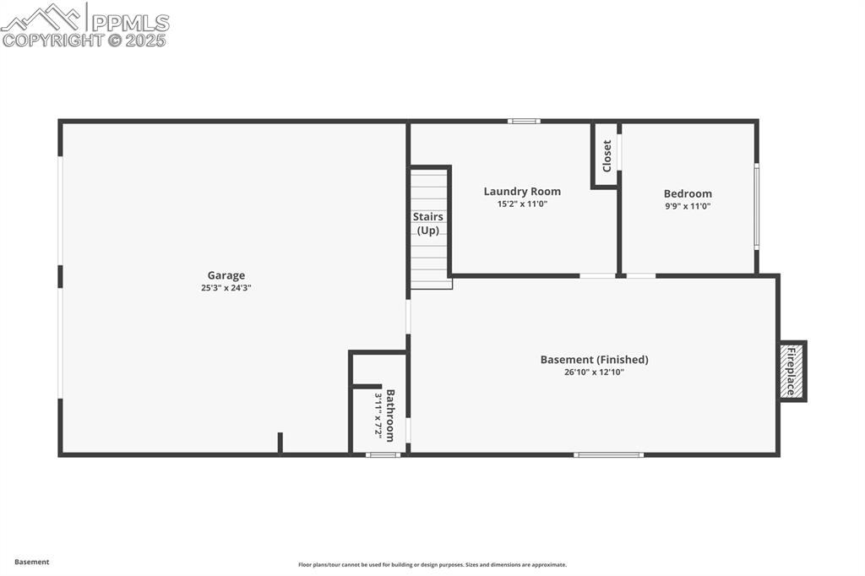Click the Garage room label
tap(226, 275)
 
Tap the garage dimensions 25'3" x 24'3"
tap(226, 288)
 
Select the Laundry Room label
tap(522, 192)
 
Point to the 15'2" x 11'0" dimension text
tap(522, 204)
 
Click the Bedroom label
tap(688, 193)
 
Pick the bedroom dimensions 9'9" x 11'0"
tap(688, 205)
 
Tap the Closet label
tap(607, 156)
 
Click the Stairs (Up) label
tap(428, 223)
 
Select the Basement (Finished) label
tap(595, 360)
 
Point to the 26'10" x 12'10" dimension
tap(595, 372)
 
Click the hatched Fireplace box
tap(792, 371)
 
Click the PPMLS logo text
tap(128, 22)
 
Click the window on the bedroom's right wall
tap(757, 207)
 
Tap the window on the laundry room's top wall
tap(524, 121)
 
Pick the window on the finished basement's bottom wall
tap(608, 454)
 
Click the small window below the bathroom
tap(383, 454)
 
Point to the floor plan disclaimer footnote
tap(432, 565)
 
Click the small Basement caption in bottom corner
tap(32, 562)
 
